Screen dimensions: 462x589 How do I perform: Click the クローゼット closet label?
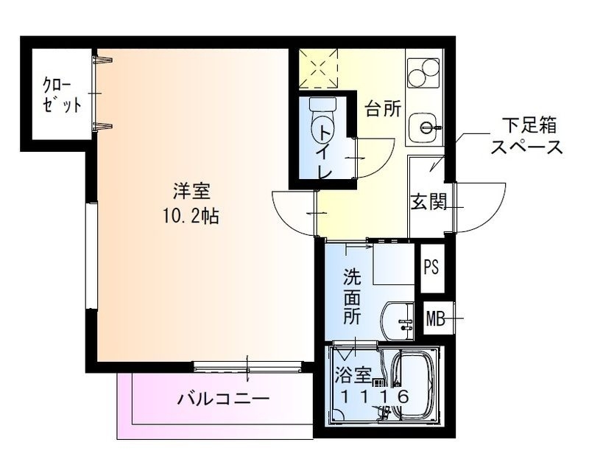point(61,94)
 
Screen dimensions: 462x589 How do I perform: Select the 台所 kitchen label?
point(384,109)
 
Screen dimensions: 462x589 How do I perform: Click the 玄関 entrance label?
point(428,201)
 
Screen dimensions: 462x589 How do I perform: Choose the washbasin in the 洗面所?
point(400,319)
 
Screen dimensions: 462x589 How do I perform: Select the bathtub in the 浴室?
point(412,387)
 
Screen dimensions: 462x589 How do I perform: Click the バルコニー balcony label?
point(223,400)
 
